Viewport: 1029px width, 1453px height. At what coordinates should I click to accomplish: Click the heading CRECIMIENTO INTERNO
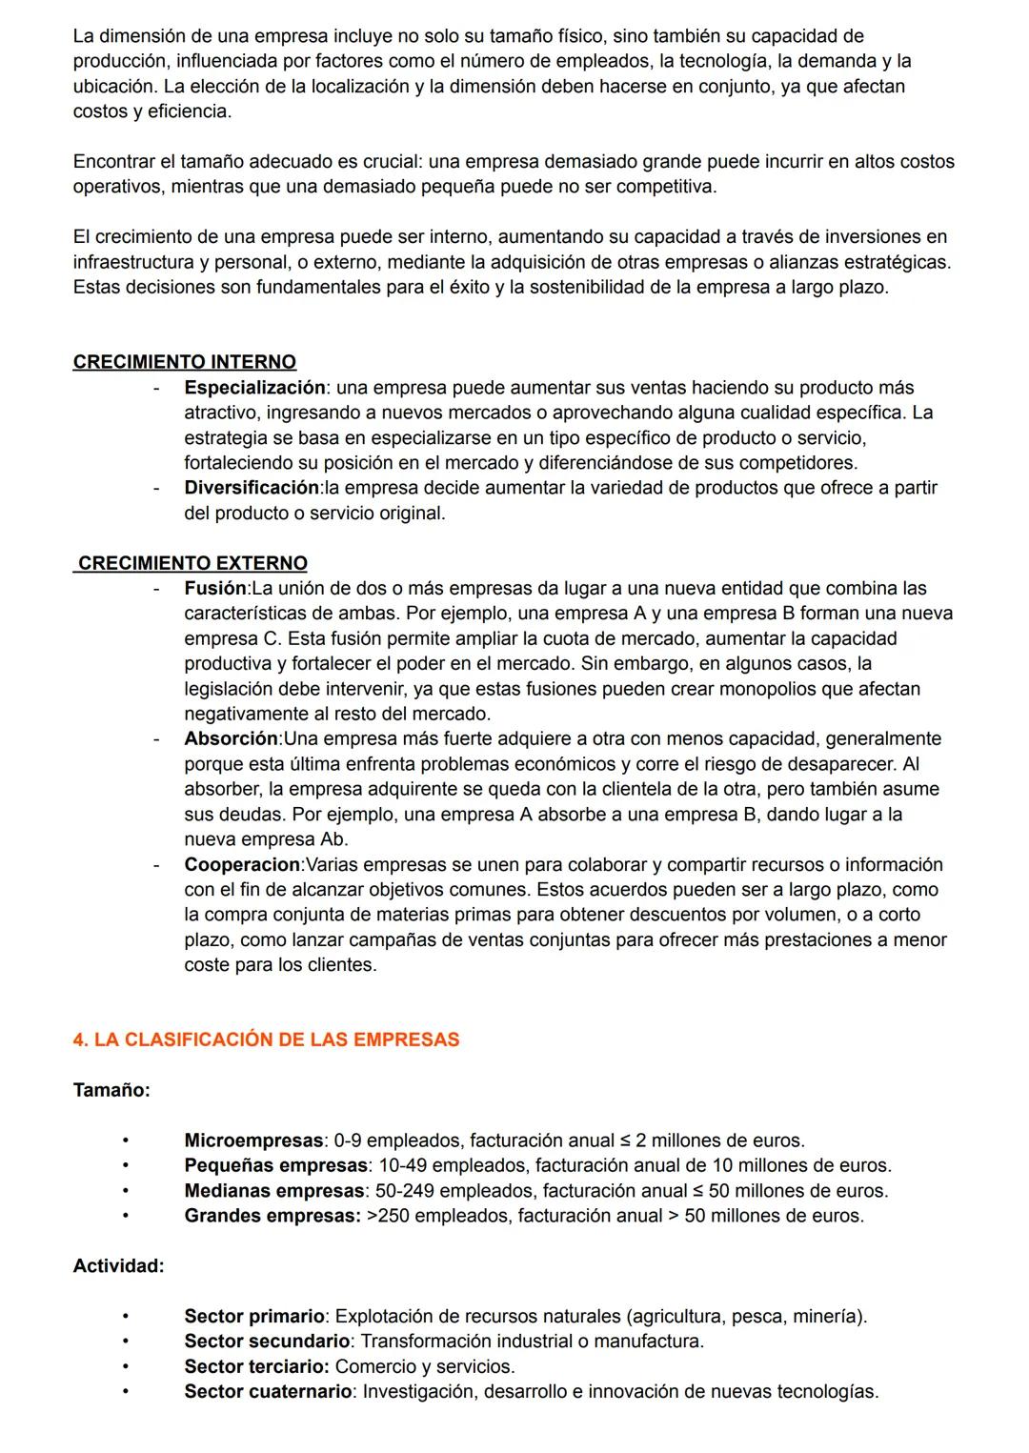click(x=184, y=362)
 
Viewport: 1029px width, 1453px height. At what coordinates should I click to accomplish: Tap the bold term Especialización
click(x=254, y=388)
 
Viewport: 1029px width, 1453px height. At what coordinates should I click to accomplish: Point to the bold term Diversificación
click(x=252, y=488)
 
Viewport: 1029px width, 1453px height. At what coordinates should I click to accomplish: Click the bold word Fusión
click(x=214, y=589)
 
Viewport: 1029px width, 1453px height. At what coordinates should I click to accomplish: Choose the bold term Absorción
click(x=231, y=739)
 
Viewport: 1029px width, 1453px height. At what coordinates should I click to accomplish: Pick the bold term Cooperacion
click(x=242, y=865)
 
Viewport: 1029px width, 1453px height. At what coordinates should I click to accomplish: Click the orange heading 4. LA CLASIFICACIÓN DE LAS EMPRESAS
click(x=266, y=1039)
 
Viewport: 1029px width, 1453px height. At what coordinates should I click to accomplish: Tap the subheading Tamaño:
click(x=111, y=1090)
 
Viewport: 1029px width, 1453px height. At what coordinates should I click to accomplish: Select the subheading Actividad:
click(x=118, y=1266)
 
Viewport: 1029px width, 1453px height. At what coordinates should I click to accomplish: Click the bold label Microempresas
click(x=253, y=1140)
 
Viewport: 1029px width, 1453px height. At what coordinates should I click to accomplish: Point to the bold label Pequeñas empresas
click(x=275, y=1165)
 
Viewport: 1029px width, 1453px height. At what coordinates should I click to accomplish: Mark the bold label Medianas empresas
click(x=273, y=1191)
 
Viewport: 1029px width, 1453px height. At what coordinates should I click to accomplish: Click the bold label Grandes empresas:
click(x=272, y=1216)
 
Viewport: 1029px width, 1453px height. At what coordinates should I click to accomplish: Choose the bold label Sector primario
click(x=254, y=1317)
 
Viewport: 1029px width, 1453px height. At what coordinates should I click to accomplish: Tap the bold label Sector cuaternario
click(x=268, y=1392)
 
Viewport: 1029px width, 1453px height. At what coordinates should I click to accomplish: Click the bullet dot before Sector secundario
click(x=124, y=1342)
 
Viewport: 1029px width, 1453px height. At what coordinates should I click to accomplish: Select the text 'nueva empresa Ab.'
click(x=266, y=840)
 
